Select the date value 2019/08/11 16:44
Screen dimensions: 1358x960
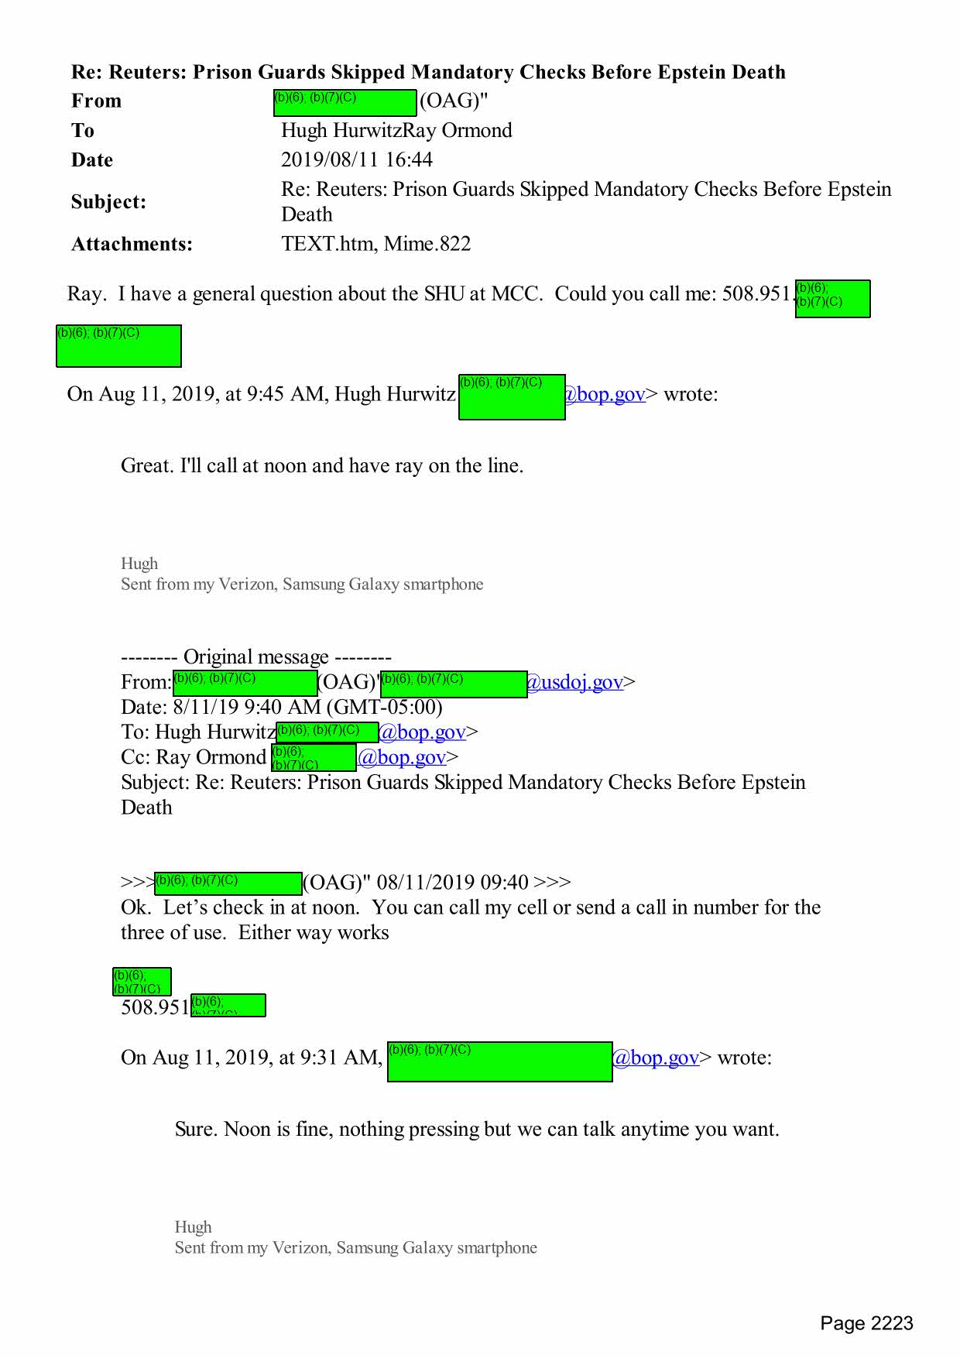[356, 159]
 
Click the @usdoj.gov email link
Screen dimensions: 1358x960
[574, 682]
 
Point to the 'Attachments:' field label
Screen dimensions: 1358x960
[132, 244]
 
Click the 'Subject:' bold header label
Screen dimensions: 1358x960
[108, 202]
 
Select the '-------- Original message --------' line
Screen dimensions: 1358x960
[255, 657]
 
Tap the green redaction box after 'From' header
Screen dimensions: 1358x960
[345, 103]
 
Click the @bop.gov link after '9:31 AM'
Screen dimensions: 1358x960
[656, 1058]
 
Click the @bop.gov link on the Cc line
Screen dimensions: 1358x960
[402, 757]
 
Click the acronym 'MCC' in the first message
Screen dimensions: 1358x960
[516, 294]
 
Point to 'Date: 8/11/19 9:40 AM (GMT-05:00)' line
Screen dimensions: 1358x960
[281, 707]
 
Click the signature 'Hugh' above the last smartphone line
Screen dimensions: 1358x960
[193, 1227]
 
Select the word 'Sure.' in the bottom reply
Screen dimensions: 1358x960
[196, 1130]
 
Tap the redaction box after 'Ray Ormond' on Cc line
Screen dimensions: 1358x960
[314, 757]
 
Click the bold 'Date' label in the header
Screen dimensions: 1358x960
[92, 160]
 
